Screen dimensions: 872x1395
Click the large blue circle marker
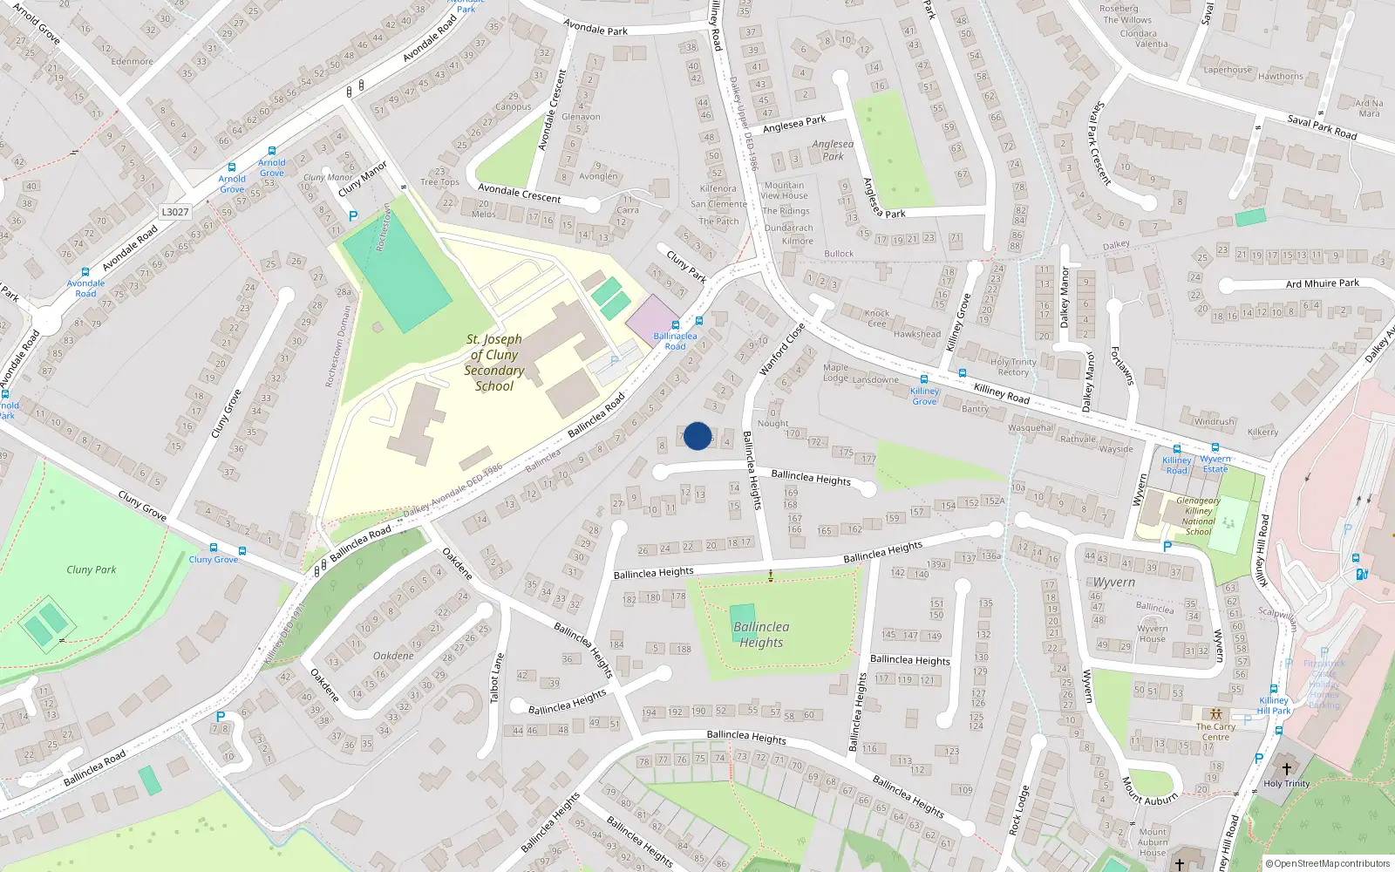click(697, 436)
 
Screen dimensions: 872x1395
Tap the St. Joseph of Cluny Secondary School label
click(494, 363)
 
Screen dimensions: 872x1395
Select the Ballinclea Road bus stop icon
click(675, 324)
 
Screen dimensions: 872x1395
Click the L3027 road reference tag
click(175, 212)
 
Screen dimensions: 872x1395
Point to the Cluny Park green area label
click(92, 569)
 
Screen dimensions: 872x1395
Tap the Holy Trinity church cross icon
click(1286, 768)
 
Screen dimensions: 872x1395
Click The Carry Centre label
click(1215, 732)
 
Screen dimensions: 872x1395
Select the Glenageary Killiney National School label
click(1198, 516)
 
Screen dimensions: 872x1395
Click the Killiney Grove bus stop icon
click(924, 379)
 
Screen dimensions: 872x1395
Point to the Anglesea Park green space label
click(833, 150)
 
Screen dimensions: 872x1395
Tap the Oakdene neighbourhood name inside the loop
click(393, 656)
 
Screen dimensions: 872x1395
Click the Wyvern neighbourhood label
click(1114, 582)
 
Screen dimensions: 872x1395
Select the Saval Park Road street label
click(1322, 127)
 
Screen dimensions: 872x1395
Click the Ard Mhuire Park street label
click(1322, 283)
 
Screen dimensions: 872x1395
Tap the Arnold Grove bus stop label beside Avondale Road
click(232, 184)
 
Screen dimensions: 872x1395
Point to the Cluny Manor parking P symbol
click(352, 216)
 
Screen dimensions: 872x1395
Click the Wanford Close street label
click(781, 350)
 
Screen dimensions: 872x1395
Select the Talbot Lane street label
click(497, 678)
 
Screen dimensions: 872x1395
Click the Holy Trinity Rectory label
click(1013, 367)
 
